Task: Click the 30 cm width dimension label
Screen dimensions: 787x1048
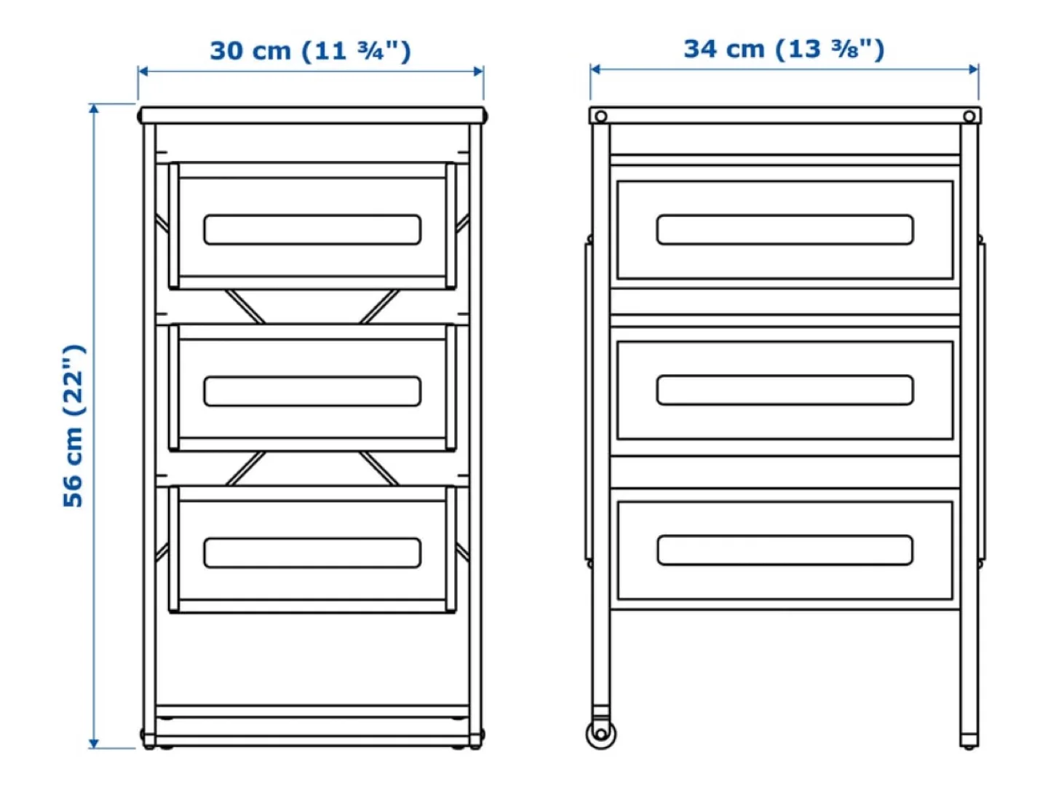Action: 310,51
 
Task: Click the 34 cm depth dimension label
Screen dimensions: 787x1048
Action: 784,50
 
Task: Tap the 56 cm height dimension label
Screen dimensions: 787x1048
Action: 74,425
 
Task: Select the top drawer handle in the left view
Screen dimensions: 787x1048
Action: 312,229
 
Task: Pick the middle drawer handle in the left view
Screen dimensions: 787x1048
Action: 312,391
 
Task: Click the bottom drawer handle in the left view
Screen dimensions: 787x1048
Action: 312,553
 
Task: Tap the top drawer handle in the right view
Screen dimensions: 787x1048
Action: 785,229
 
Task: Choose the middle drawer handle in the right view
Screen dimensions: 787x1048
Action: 785,390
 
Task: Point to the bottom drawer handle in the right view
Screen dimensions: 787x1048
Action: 785,550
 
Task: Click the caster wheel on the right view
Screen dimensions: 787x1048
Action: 600,734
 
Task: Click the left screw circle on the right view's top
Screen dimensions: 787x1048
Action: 600,116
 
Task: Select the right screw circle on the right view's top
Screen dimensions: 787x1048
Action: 969,116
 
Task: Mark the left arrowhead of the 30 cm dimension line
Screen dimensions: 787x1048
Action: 143,71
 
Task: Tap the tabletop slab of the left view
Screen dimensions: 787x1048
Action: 312,115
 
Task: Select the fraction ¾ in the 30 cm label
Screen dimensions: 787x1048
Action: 370,50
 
